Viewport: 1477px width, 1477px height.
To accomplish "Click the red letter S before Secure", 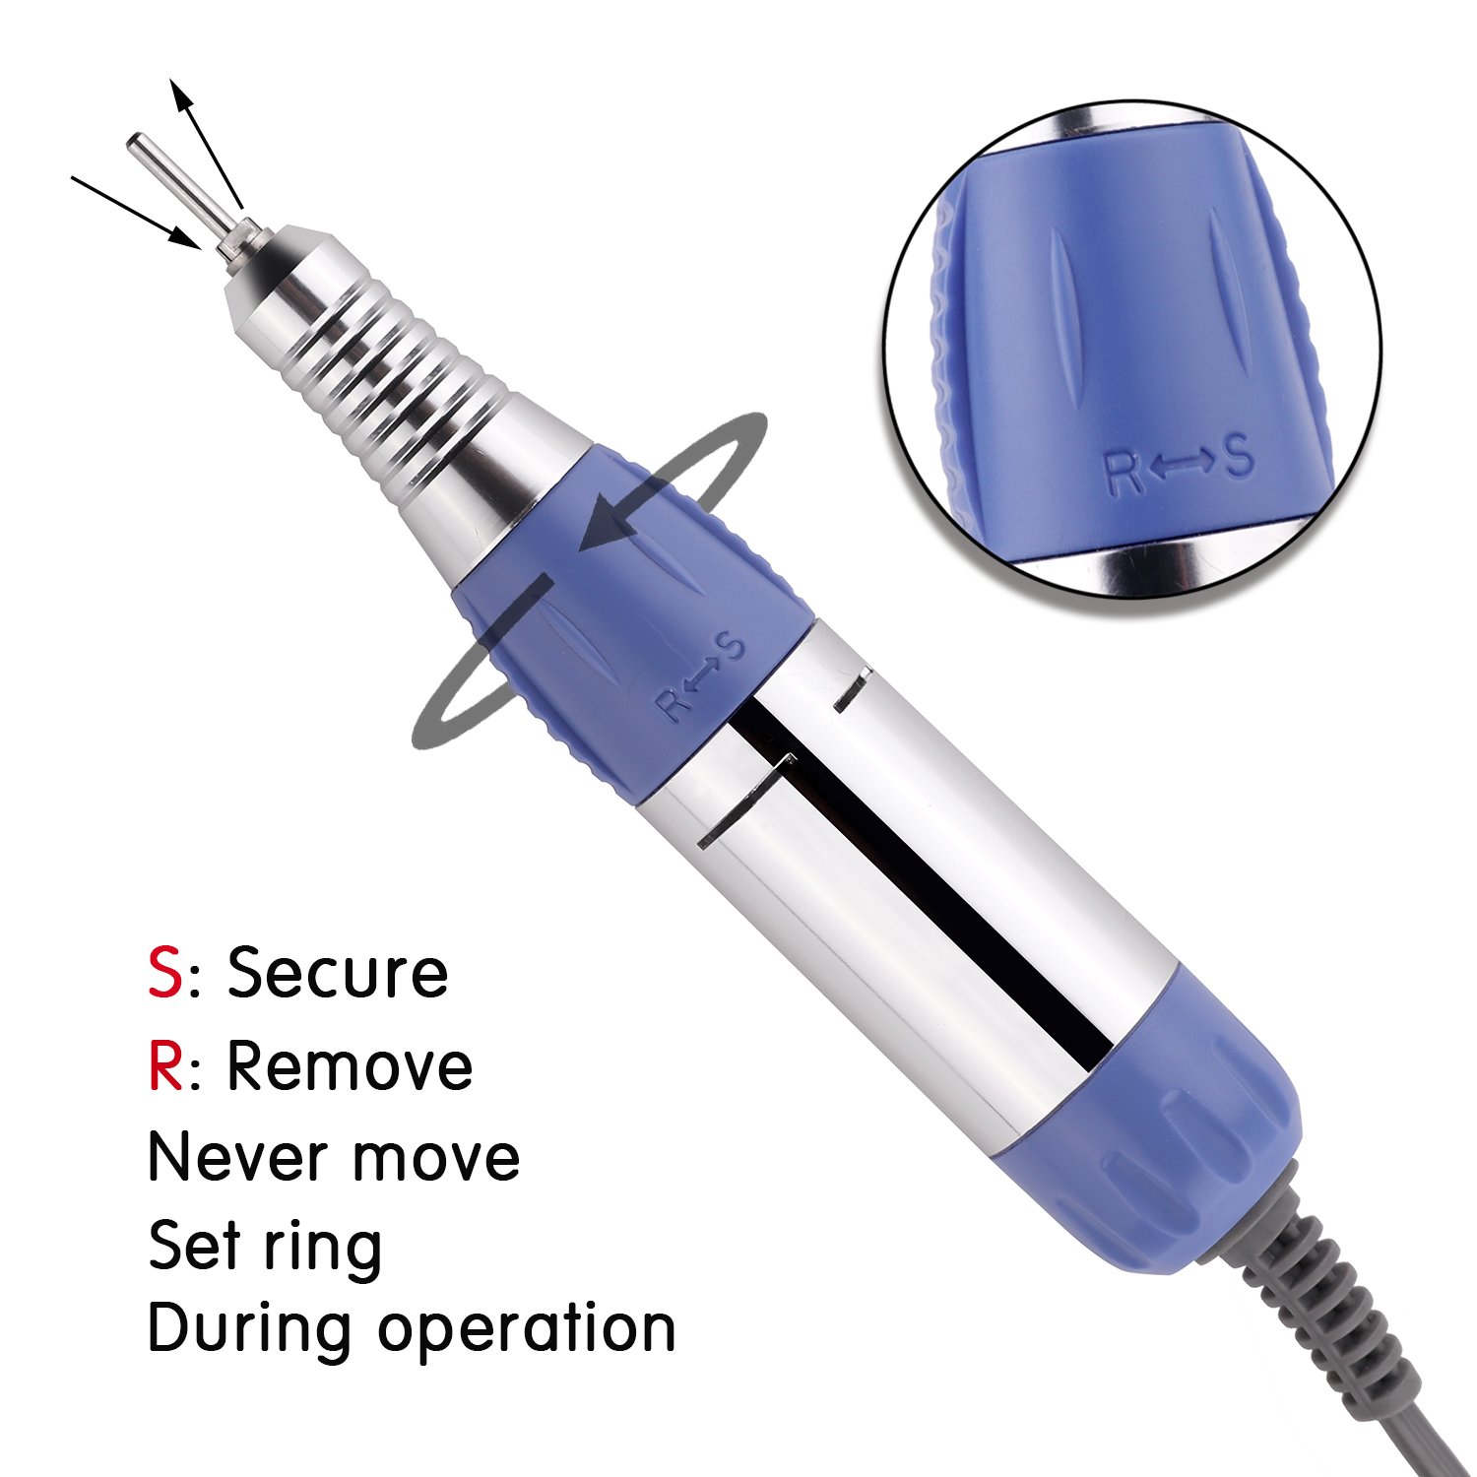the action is click(x=165, y=973).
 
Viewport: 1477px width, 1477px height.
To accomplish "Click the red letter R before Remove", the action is click(x=166, y=1066).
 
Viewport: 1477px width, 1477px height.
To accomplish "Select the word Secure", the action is click(x=338, y=973).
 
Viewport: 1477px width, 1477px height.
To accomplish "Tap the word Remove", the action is click(x=350, y=1066).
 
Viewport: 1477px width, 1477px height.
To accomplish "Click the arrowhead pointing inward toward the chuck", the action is click(x=185, y=236).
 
